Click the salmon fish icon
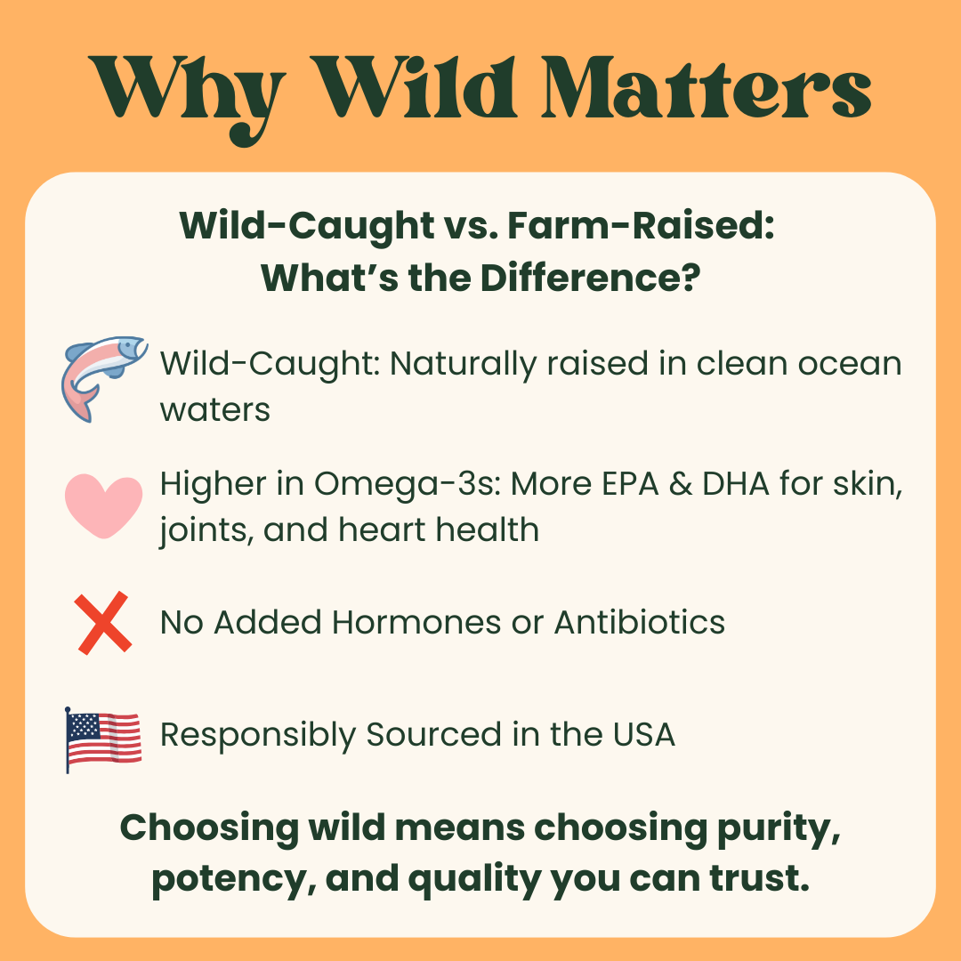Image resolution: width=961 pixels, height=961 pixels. (104, 376)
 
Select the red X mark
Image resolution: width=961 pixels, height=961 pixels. (104, 623)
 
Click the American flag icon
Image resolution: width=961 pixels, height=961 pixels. (104, 739)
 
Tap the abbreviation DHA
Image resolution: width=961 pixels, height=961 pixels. (747, 486)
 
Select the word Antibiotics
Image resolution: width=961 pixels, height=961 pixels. (639, 622)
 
